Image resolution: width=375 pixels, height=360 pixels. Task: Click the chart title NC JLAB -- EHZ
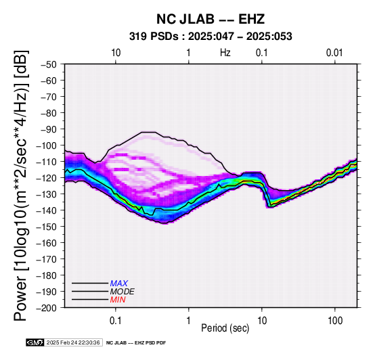(x=211, y=19)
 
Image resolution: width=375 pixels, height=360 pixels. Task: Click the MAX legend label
(x=118, y=284)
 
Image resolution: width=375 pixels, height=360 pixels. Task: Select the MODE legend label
(x=123, y=292)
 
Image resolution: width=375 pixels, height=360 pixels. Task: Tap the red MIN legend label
(x=118, y=300)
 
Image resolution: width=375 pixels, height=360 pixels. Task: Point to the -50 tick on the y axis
(x=49, y=64)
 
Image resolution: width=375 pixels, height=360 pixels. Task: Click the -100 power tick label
(x=47, y=145)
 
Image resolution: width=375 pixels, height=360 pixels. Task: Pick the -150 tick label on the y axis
(x=47, y=227)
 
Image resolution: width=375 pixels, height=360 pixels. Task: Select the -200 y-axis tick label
(x=47, y=308)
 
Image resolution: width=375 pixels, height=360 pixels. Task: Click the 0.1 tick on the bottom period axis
(x=116, y=321)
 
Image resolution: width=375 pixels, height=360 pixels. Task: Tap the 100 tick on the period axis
(x=335, y=321)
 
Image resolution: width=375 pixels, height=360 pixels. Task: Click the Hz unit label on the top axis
(x=225, y=53)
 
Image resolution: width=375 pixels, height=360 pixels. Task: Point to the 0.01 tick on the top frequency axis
(x=334, y=53)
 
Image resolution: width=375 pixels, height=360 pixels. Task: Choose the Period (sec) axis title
(x=225, y=328)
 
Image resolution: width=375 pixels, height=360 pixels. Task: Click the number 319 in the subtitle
(x=138, y=37)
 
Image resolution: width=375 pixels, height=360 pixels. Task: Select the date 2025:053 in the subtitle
(x=269, y=37)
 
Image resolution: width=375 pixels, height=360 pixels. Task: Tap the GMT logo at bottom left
(x=35, y=342)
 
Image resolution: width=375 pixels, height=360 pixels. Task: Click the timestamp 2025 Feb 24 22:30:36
(x=73, y=342)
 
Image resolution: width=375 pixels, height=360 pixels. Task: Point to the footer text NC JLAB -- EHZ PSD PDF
(x=136, y=343)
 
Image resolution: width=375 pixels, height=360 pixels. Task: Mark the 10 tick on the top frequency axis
(x=116, y=53)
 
